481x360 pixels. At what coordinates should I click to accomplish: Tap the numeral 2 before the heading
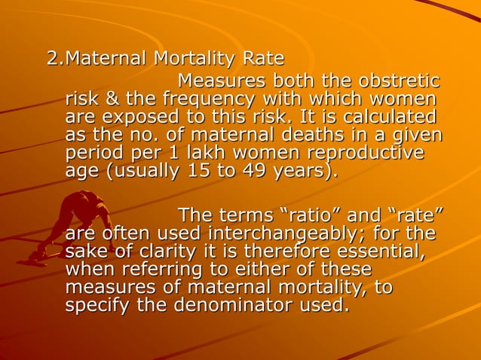[53, 58]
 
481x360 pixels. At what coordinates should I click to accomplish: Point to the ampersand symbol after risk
[110, 99]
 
